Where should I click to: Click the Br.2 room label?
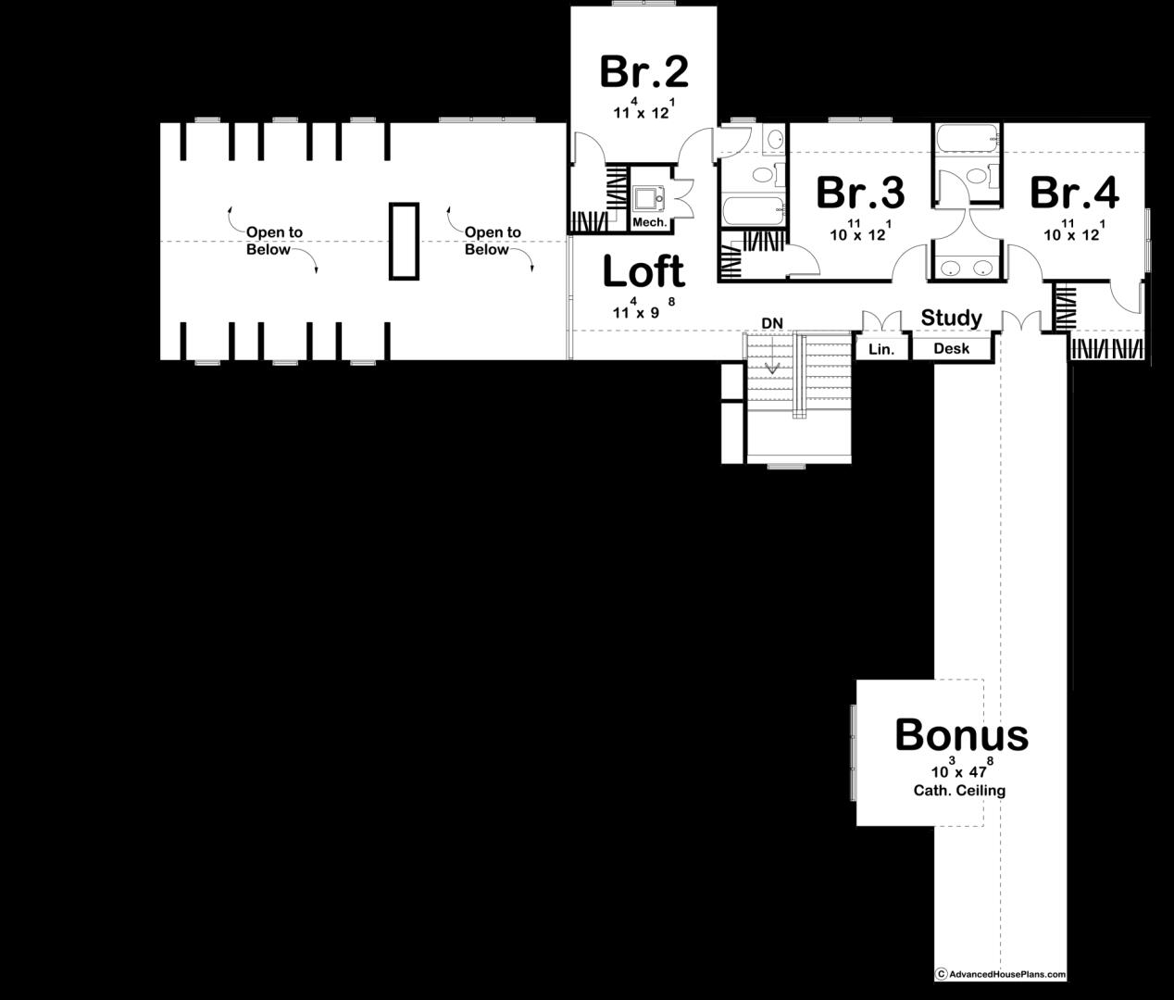click(x=644, y=71)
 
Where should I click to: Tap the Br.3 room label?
click(x=860, y=193)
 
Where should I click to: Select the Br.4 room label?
click(x=1074, y=193)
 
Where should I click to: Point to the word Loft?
click(x=643, y=272)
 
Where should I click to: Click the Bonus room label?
click(x=961, y=735)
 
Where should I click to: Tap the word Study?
click(x=951, y=319)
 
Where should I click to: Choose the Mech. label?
click(x=649, y=223)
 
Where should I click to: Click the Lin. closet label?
click(x=880, y=349)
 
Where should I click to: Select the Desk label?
click(x=951, y=349)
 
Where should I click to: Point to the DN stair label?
click(x=772, y=323)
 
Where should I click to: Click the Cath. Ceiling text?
click(x=959, y=791)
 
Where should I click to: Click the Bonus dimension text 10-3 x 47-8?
click(x=960, y=770)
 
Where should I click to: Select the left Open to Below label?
click(x=273, y=241)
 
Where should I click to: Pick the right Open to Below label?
click(x=492, y=241)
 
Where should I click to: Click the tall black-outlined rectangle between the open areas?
click(x=403, y=241)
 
